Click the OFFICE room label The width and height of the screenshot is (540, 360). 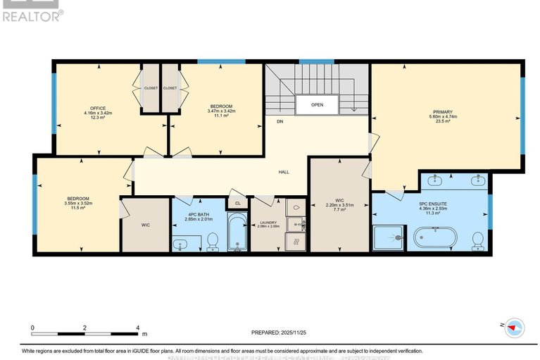click(93, 108)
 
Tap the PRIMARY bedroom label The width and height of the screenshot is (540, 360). click(442, 112)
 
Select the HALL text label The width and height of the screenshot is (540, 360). click(284, 172)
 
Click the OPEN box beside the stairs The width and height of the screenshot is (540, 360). click(317, 105)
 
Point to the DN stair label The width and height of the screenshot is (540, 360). click(280, 122)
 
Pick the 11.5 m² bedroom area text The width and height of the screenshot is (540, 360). click(78, 208)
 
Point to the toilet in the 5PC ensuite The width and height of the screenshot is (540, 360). click(478, 242)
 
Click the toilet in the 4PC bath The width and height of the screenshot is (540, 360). click(214, 243)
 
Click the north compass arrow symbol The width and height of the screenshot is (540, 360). click(515, 327)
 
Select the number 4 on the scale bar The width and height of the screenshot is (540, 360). click(137, 328)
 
